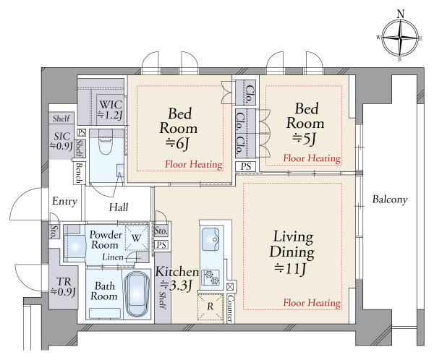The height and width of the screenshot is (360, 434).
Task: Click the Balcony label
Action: pyautogui.click(x=390, y=200)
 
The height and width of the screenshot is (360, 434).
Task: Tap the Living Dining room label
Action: pyautogui.click(x=292, y=252)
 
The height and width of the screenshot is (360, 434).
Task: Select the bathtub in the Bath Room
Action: pyautogui.click(x=137, y=294)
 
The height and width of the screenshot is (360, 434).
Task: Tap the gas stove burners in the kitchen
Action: pyautogui.click(x=211, y=278)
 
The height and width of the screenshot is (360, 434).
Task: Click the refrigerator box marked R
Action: pyautogui.click(x=210, y=307)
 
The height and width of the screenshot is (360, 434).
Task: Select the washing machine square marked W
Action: pyautogui.click(x=137, y=238)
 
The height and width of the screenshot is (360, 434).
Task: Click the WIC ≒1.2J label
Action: pyautogui.click(x=110, y=110)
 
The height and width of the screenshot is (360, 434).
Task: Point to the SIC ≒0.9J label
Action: pyautogui.click(x=61, y=140)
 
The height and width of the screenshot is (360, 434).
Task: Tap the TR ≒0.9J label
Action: pyautogui.click(x=64, y=286)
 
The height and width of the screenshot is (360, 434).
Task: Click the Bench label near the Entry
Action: pyautogui.click(x=79, y=173)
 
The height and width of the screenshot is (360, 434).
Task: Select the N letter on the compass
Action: pyautogui.click(x=400, y=14)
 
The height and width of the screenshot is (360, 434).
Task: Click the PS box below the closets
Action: pyautogui.click(x=246, y=166)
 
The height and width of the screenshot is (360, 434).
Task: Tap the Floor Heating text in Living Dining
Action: pyautogui.click(x=312, y=302)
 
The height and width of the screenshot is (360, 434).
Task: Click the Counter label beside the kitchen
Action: pyautogui.click(x=230, y=308)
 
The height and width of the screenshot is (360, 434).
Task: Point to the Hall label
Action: pyautogui.click(x=119, y=207)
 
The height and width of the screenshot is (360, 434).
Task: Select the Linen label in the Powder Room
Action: pyautogui.click(x=113, y=257)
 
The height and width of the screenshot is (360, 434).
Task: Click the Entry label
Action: pyautogui.click(x=64, y=201)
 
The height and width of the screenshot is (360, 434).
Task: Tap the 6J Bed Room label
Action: pyautogui.click(x=179, y=129)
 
